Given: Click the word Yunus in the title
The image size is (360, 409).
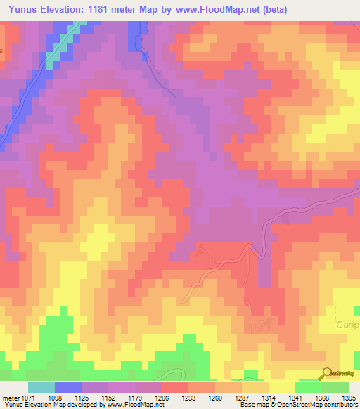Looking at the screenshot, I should pos(26,10).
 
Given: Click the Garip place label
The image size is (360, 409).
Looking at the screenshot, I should pos(348,326).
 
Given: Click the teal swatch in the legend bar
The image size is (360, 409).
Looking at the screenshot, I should pos(41,387).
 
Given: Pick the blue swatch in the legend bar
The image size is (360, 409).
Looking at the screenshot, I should pos(68,387).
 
